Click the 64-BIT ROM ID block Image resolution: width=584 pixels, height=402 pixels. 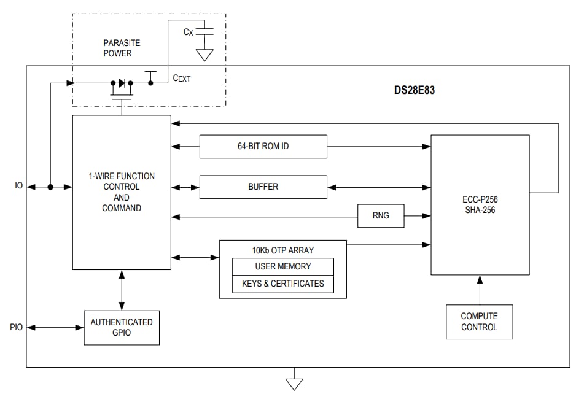263,147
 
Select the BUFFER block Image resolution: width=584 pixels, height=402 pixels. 263,187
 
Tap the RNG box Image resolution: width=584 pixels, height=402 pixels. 381,215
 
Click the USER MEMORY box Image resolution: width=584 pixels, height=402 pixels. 282,266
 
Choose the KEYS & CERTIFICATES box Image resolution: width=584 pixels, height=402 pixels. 282,284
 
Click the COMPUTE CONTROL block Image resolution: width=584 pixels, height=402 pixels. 479,322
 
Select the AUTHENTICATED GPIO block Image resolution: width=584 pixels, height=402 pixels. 122,327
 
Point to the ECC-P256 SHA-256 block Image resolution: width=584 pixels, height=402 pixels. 480,205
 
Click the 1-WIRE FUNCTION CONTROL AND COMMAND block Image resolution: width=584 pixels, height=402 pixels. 122,192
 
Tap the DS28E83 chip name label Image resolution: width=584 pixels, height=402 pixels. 415,90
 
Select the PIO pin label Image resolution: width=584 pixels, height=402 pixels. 17,327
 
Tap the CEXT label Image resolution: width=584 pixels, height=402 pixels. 182,79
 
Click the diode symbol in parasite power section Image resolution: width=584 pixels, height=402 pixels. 122,82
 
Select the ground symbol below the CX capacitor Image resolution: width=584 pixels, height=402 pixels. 204,55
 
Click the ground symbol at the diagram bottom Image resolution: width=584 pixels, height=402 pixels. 295,384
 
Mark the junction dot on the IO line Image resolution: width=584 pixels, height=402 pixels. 50,187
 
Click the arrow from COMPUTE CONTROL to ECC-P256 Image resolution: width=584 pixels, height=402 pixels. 480,289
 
